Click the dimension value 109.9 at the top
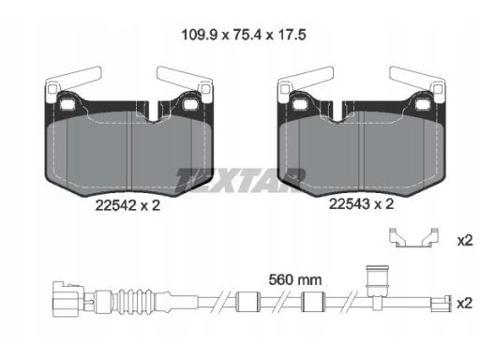[x=199, y=35]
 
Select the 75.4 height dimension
[x=247, y=35]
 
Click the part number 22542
[x=115, y=205]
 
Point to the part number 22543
[x=350, y=204]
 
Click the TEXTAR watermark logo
[x=240, y=180]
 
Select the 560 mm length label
[x=295, y=279]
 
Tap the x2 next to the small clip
[x=465, y=241]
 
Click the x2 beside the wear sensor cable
[x=464, y=304]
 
